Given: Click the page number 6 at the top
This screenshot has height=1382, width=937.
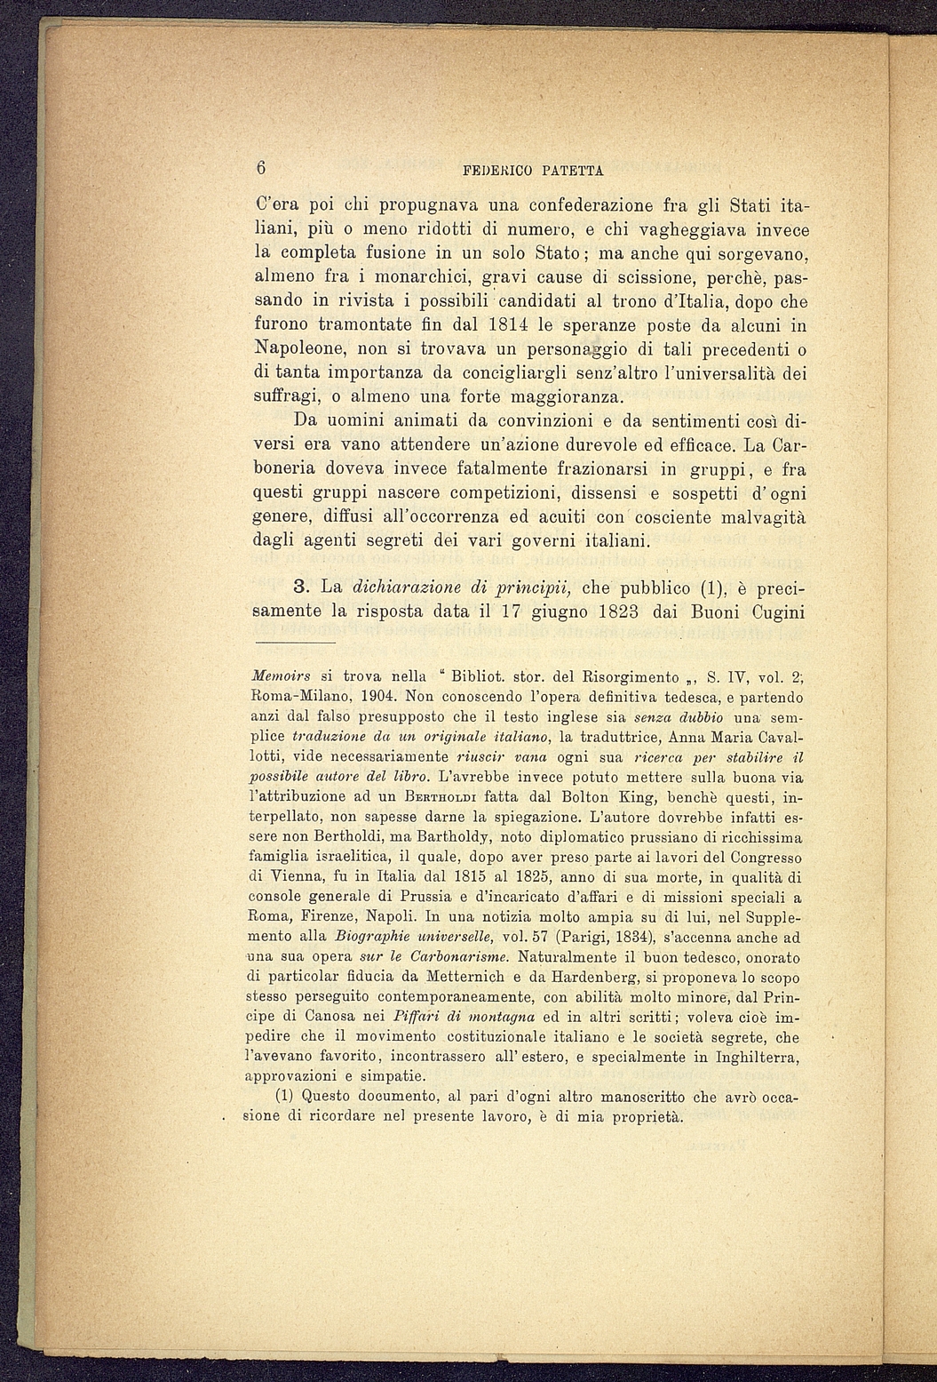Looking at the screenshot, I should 261,167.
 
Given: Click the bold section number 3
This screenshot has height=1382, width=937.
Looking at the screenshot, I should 300,587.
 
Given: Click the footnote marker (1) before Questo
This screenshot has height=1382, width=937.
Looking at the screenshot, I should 286,1097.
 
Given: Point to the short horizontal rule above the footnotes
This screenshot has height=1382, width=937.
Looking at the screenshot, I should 294,642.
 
